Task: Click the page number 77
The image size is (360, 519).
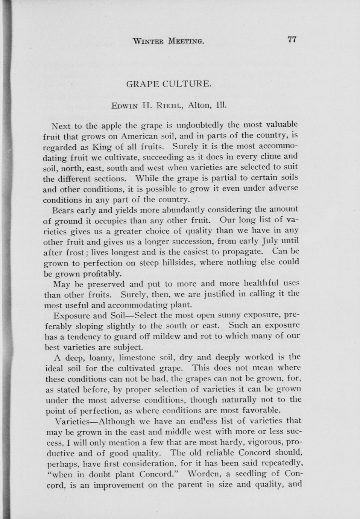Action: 292,39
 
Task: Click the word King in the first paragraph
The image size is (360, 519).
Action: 101,146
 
